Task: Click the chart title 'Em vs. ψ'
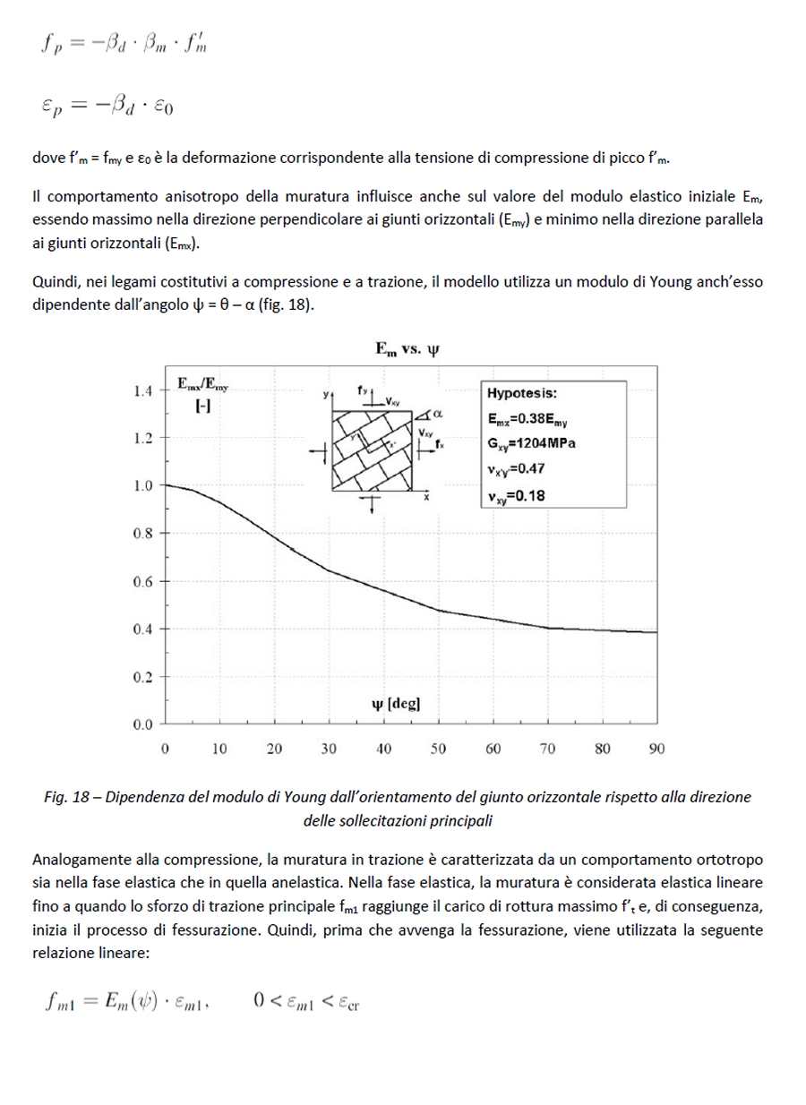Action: pyautogui.click(x=407, y=349)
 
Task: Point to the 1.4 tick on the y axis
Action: pyautogui.click(x=142, y=390)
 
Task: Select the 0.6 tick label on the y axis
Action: pyautogui.click(x=142, y=581)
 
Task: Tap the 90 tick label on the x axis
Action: pyautogui.click(x=656, y=750)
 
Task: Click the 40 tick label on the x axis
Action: pyautogui.click(x=383, y=750)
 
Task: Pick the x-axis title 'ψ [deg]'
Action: pyautogui.click(x=395, y=703)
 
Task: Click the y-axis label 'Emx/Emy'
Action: pyautogui.click(x=201, y=385)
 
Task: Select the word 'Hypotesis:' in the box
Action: pyautogui.click(x=521, y=393)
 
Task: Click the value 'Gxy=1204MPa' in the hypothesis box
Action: pyautogui.click(x=531, y=443)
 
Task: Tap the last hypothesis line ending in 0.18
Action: pyautogui.click(x=517, y=495)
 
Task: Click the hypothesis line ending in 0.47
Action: pyautogui.click(x=517, y=468)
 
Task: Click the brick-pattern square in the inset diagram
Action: pyautogui.click(x=372, y=450)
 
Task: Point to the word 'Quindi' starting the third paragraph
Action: pyautogui.click(x=53, y=282)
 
